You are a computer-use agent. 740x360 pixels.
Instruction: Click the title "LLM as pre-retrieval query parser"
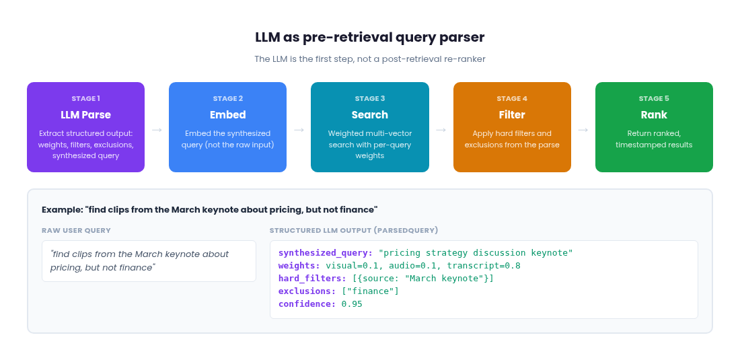369,38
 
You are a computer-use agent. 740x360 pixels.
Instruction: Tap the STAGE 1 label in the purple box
85,98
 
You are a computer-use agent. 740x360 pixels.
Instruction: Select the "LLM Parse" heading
85,114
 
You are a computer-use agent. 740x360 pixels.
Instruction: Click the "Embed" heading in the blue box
227,114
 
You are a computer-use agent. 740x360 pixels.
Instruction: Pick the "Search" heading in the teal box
369,114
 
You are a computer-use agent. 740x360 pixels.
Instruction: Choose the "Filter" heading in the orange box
512,114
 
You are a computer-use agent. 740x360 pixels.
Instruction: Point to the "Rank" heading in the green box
654,114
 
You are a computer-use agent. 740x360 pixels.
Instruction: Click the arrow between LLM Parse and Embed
157,129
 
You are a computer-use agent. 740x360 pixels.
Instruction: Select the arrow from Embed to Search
299,129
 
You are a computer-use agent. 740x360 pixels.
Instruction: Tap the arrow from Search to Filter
441,129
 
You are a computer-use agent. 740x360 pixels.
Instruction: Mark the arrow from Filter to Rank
583,129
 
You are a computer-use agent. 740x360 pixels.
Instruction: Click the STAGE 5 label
654,98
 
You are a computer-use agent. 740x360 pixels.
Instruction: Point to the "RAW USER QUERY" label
76,230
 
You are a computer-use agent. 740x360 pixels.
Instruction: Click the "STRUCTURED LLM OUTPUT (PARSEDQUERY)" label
354,230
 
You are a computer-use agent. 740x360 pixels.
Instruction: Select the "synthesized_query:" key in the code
326,253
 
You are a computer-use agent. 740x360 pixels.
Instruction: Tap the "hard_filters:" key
312,279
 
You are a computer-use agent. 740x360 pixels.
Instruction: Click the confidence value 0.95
352,304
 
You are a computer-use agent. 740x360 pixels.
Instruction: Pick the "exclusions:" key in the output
307,291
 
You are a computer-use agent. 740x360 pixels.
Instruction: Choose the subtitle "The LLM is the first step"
369,59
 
